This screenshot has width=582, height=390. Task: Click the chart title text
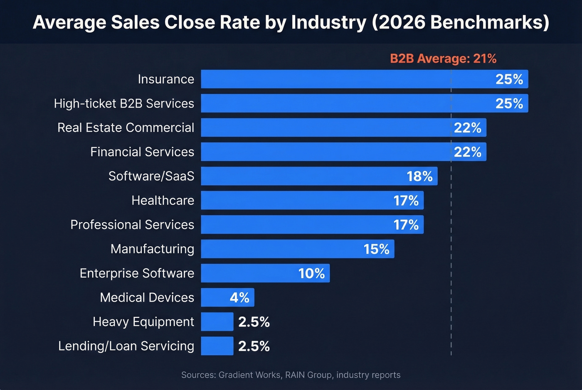click(x=291, y=22)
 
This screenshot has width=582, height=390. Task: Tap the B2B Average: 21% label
click(x=443, y=59)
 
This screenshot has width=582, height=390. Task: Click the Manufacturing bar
click(x=283, y=249)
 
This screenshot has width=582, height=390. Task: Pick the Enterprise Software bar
click(x=249, y=273)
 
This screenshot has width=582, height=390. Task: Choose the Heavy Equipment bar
click(x=217, y=322)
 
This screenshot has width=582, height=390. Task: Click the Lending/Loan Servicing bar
click(x=217, y=346)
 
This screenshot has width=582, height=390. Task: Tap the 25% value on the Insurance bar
click(x=509, y=79)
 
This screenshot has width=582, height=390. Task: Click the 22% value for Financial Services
click(x=468, y=152)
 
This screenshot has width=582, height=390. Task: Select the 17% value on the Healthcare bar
click(x=406, y=201)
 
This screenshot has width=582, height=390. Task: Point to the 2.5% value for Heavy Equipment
click(x=254, y=322)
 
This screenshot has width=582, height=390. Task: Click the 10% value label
click(x=312, y=273)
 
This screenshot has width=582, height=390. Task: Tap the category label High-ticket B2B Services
click(x=124, y=103)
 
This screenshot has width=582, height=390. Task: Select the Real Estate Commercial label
click(x=126, y=128)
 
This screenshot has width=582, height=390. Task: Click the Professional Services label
click(x=132, y=225)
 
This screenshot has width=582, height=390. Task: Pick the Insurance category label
click(x=166, y=79)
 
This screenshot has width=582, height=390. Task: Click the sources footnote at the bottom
click(x=291, y=375)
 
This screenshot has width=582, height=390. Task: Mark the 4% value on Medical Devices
click(x=239, y=297)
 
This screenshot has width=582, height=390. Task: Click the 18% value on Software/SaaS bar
click(x=420, y=176)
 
